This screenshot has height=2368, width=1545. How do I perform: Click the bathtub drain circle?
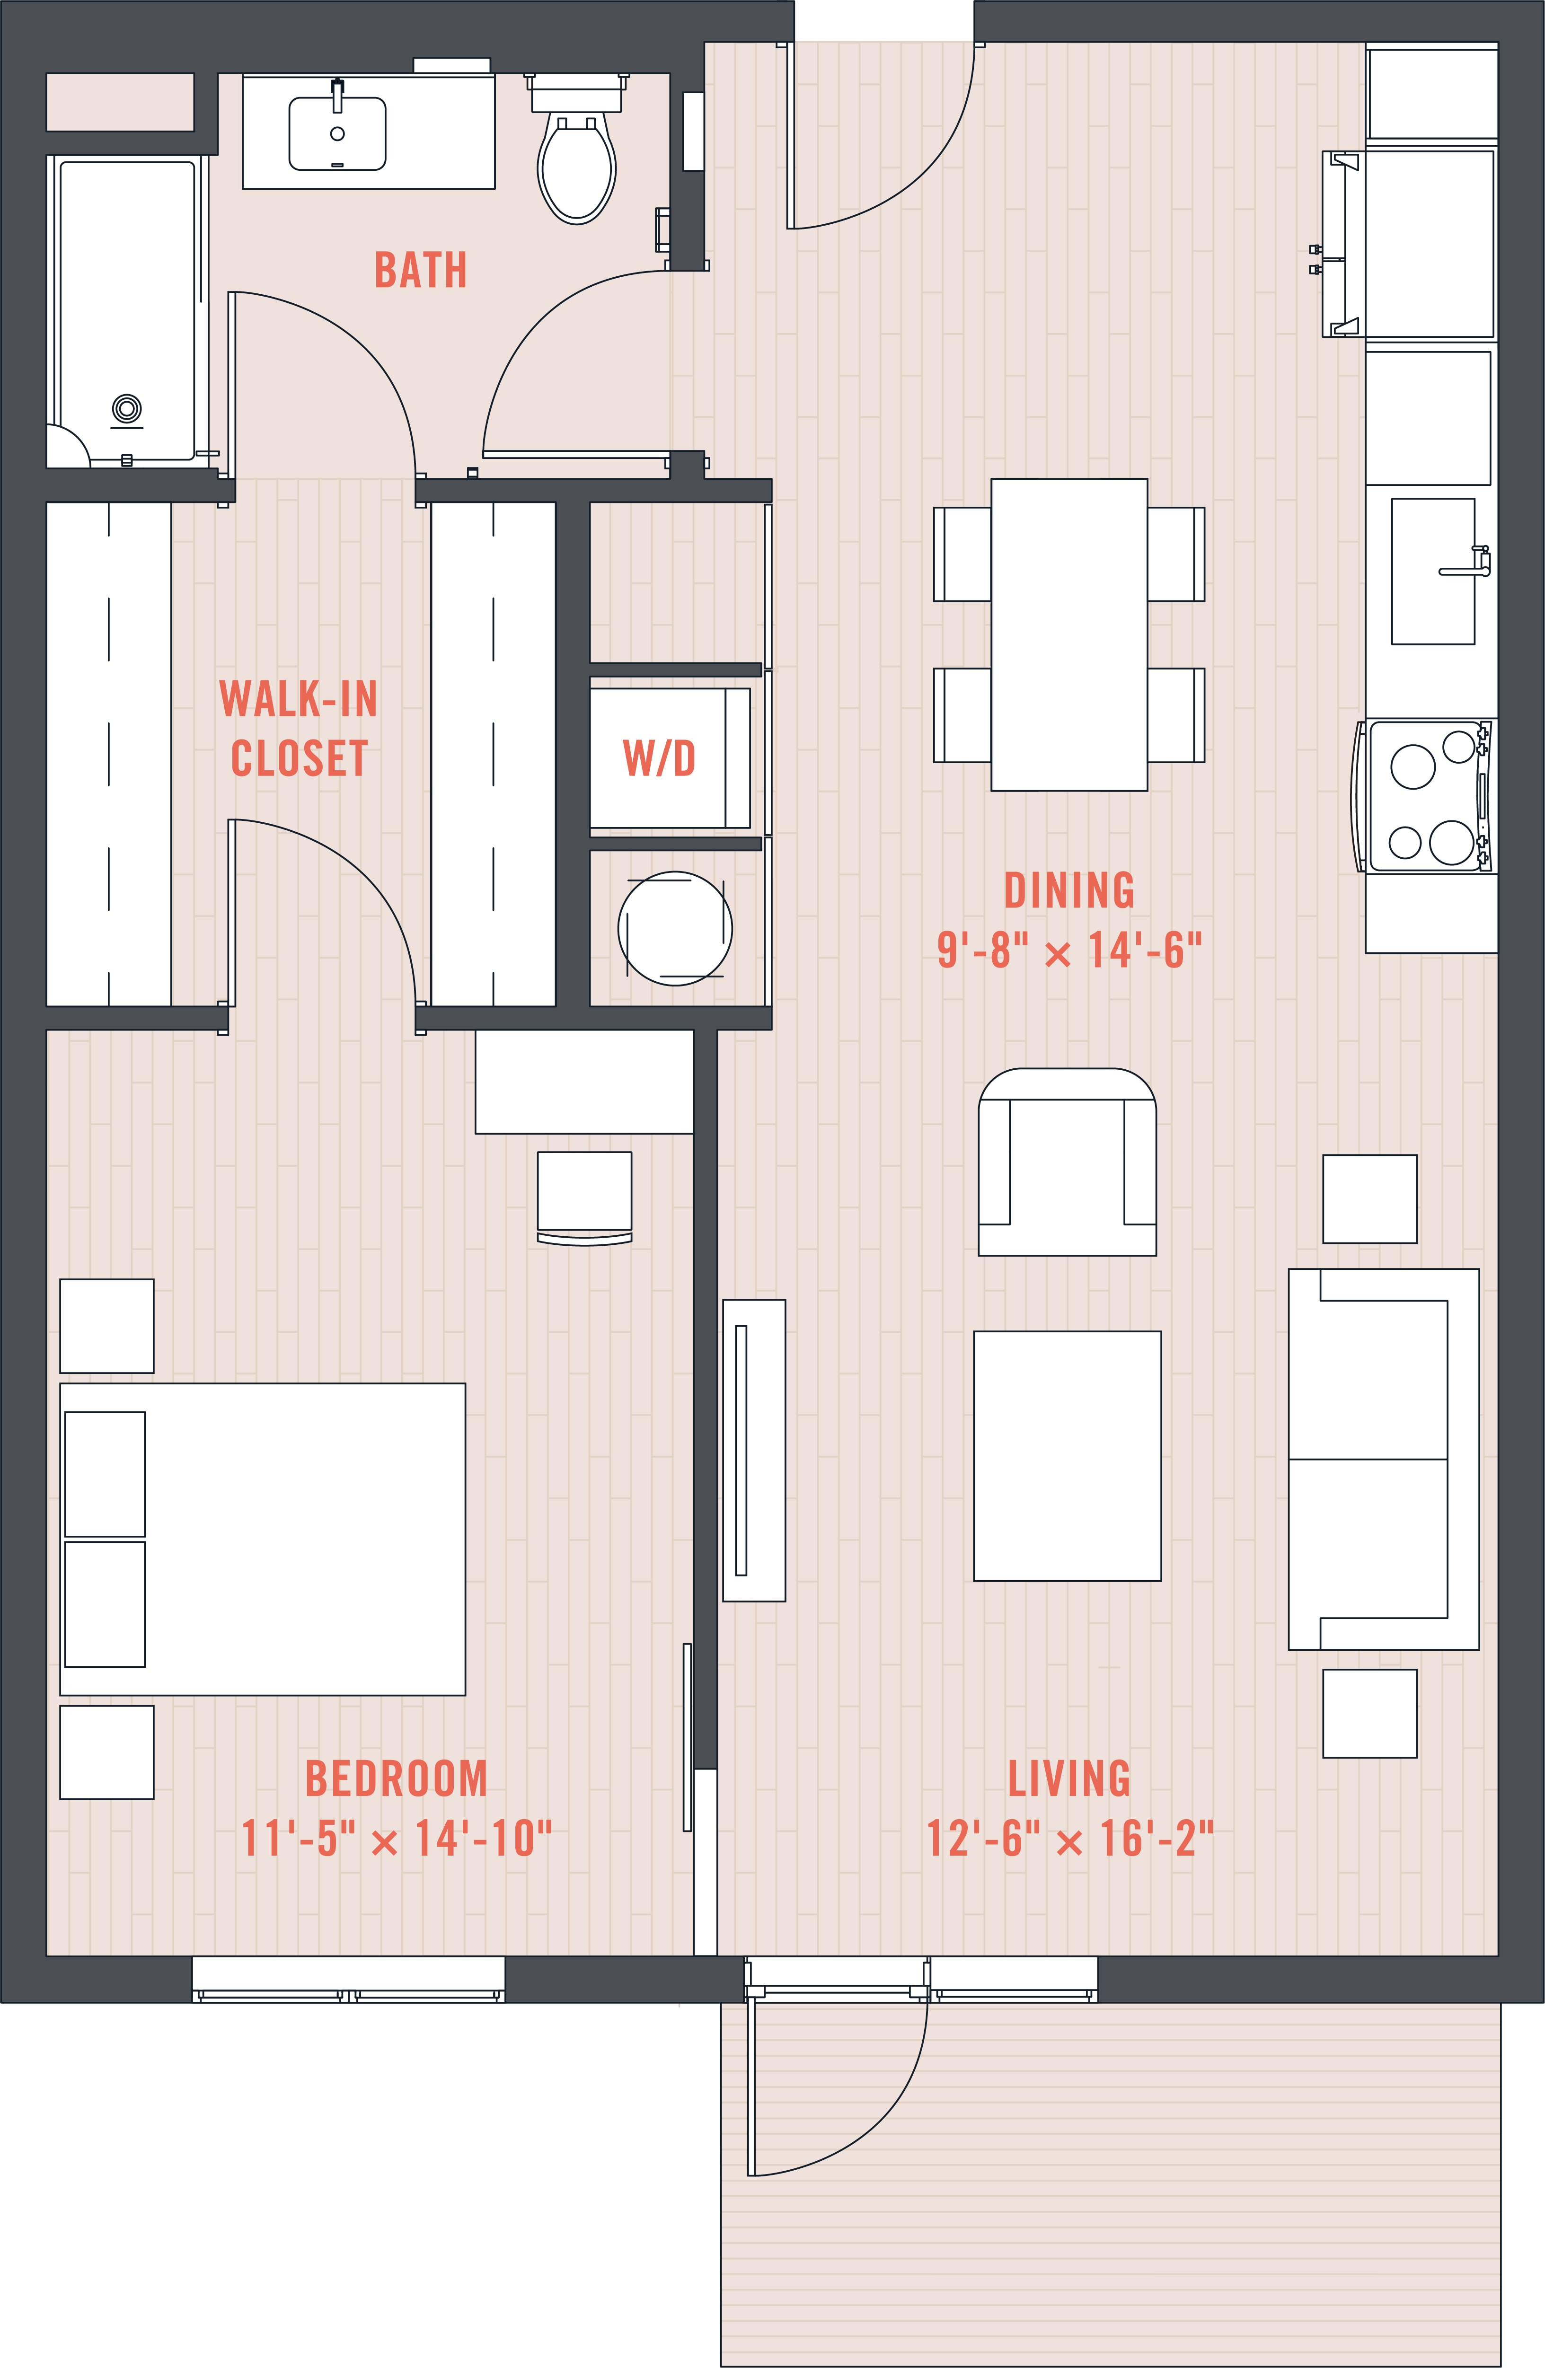pos(126,408)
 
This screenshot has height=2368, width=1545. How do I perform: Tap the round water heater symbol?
pos(676,928)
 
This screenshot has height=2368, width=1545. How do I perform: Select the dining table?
pos(1069,635)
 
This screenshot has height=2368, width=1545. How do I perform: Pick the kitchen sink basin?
pos(1432,571)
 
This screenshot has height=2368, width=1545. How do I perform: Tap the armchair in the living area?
pos(1068,1162)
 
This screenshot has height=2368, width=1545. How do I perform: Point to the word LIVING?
pos(1069,1779)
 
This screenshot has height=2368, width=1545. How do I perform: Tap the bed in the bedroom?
pos(263,1539)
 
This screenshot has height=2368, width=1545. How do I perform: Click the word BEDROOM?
pos(396,1779)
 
